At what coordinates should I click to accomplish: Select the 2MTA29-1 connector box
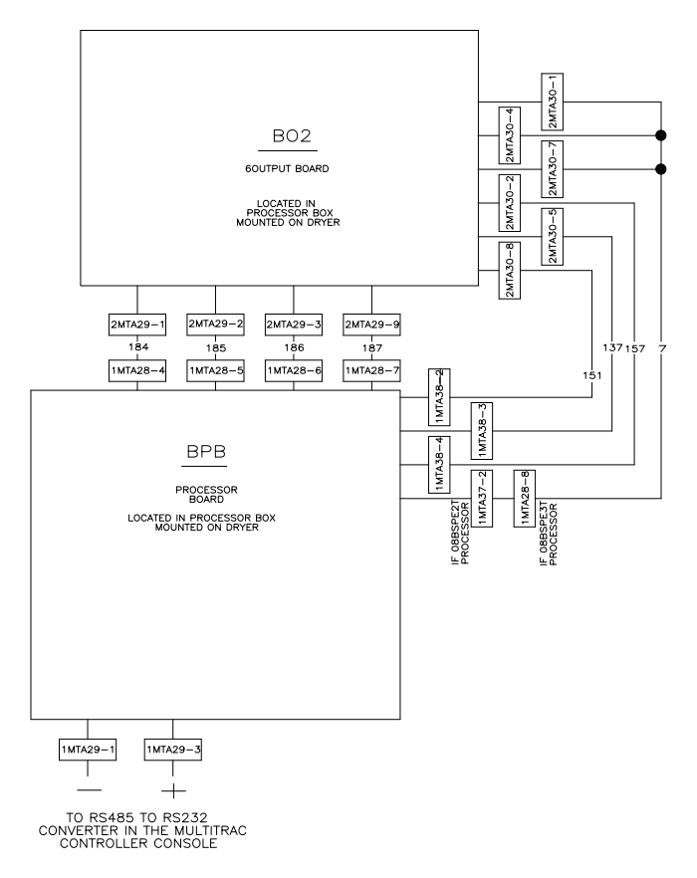136,324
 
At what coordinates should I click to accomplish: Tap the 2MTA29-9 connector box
371,324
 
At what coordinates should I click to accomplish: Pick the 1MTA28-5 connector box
215,370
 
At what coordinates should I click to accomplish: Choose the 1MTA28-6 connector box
293,370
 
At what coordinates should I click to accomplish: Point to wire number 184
136,347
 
